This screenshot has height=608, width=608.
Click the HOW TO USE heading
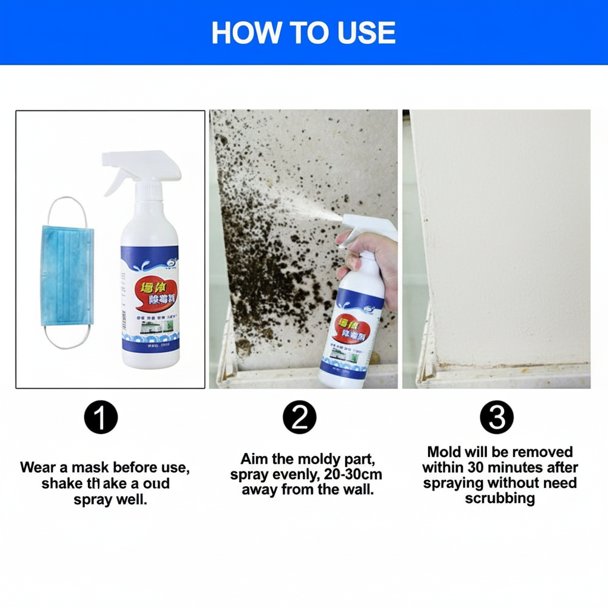(x=303, y=33)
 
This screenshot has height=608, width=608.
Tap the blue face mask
(x=66, y=274)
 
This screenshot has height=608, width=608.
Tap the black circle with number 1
(x=101, y=418)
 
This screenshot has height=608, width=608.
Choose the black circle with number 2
(x=299, y=418)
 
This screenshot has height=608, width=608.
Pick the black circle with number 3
(x=496, y=418)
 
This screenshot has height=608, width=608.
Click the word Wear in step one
(x=39, y=467)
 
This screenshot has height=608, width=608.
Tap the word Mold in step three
(x=444, y=452)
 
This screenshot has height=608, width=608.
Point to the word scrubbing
(x=499, y=499)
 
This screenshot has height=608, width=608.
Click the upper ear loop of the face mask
(x=69, y=208)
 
